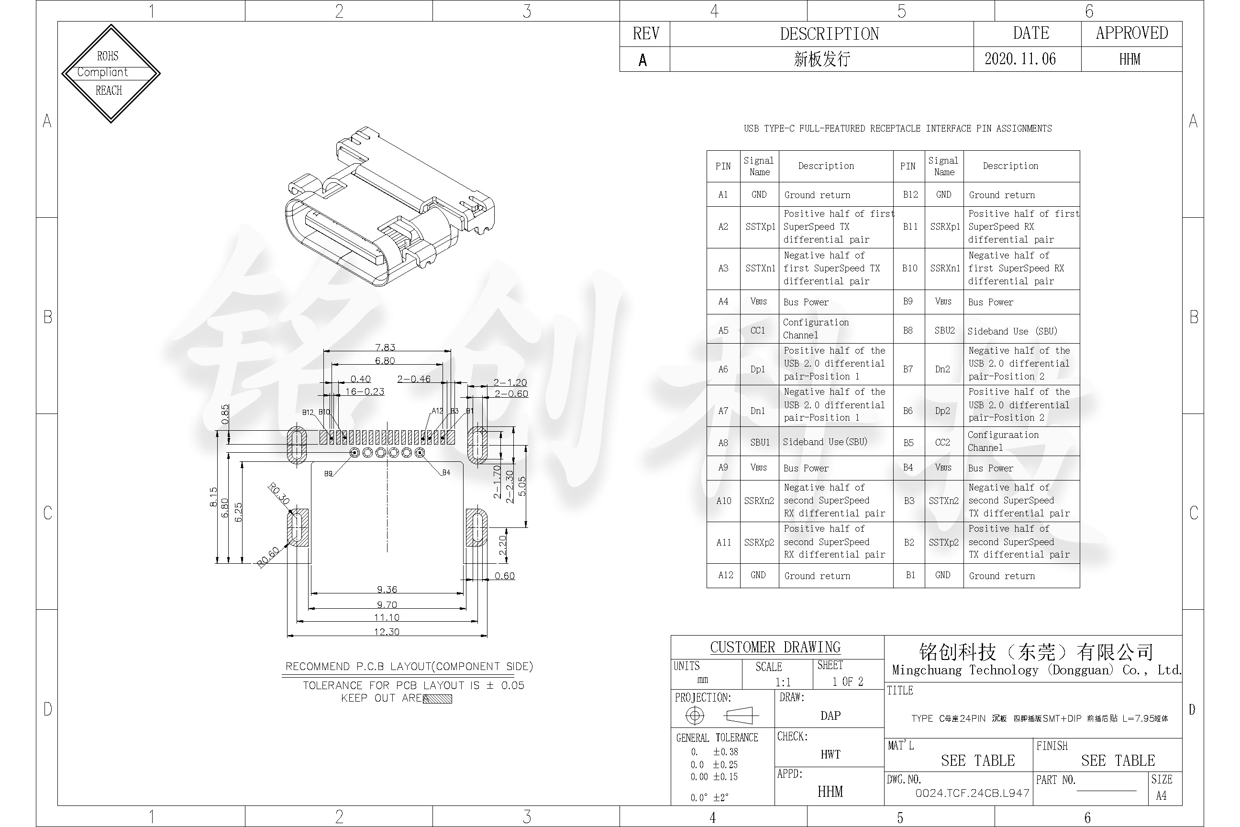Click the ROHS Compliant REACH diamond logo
(111, 73)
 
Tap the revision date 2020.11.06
(1019, 58)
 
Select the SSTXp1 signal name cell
(760, 227)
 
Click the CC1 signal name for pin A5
(758, 331)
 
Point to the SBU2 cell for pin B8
(944, 331)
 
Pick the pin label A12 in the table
(725, 575)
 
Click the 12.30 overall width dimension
(387, 631)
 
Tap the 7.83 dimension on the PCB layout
(385, 347)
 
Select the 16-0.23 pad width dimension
(365, 391)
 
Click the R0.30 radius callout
(279, 493)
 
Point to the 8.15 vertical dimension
(213, 496)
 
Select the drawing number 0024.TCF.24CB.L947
(972, 793)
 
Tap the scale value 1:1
(783, 682)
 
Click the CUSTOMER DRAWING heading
(775, 647)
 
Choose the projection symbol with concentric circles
(694, 715)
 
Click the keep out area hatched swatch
(437, 699)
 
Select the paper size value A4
(1161, 795)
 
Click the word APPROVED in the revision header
(1131, 33)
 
